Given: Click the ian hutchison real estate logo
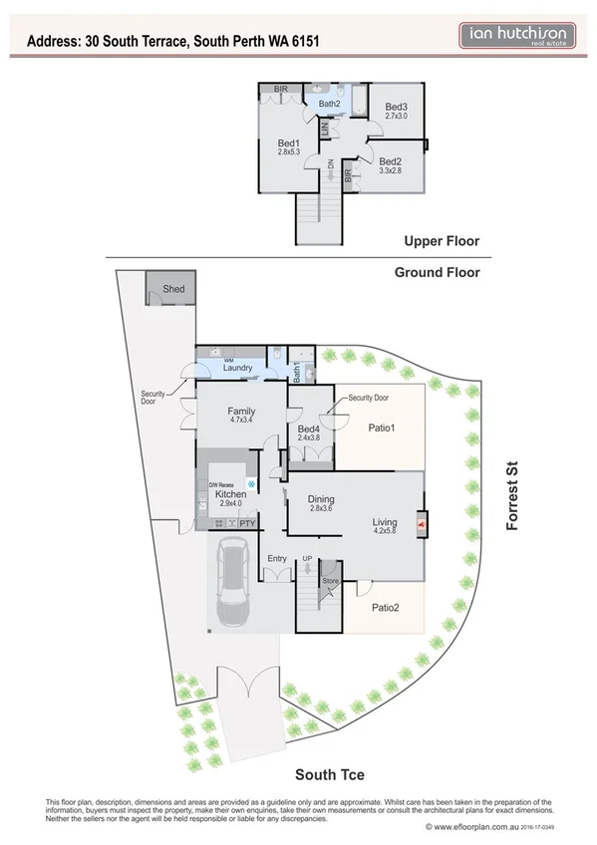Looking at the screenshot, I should click(518, 37).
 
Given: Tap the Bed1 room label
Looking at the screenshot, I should click(289, 143).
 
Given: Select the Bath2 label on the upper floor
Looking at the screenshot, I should click(330, 104).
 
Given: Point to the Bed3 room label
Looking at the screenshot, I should click(397, 107).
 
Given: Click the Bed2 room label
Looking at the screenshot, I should click(390, 161).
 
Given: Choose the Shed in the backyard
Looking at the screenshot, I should click(173, 289).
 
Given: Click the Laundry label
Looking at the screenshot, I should click(237, 368).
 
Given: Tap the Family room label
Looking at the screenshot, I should click(241, 411).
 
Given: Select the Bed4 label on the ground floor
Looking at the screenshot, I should click(309, 429).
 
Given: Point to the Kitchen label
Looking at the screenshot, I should click(230, 494).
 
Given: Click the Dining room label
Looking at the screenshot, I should click(320, 500).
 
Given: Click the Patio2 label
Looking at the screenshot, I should click(386, 607).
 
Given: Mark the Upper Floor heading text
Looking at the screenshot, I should click(442, 241).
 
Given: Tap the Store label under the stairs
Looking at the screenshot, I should click(330, 580).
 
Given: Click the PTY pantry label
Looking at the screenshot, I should click(247, 521).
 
